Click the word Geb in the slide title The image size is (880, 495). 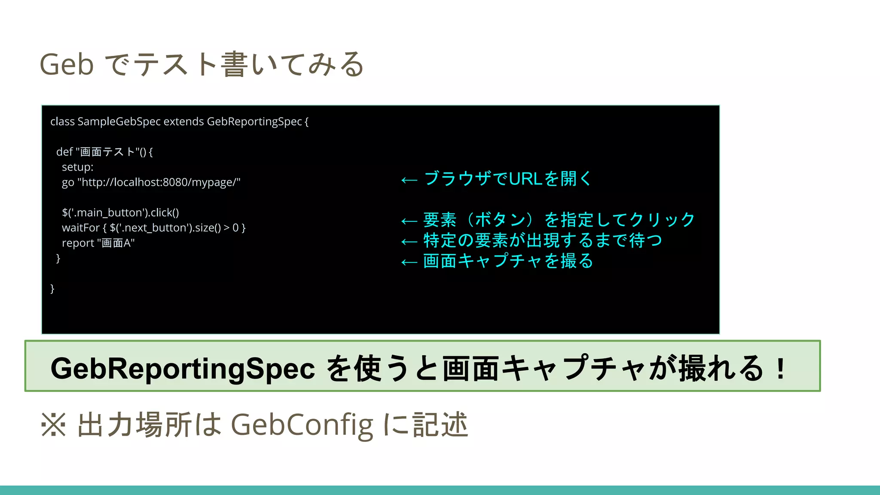pyautogui.click(x=67, y=65)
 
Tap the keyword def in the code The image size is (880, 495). pyautogui.click(x=64, y=152)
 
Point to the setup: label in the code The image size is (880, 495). pyautogui.click(x=77, y=167)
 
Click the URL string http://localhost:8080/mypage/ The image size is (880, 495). pyautogui.click(x=159, y=182)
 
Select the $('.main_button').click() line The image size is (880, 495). pyautogui.click(x=120, y=213)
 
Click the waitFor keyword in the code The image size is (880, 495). pyautogui.click(x=81, y=228)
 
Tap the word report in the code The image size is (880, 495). pyautogui.click(x=78, y=243)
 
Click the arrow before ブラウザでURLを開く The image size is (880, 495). pyautogui.click(x=409, y=180)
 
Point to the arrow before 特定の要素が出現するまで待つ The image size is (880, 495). pyautogui.click(x=409, y=242)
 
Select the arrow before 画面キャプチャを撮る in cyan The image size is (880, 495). pyautogui.click(x=409, y=262)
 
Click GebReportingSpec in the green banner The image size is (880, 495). pyautogui.click(x=183, y=369)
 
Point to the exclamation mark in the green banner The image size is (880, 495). pyautogui.click(x=781, y=369)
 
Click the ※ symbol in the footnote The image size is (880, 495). pyautogui.click(x=53, y=425)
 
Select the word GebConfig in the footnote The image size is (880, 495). pyautogui.click(x=302, y=425)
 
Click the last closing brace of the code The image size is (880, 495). pyautogui.click(x=52, y=289)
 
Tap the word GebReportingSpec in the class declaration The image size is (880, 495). pyautogui.click(x=254, y=122)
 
